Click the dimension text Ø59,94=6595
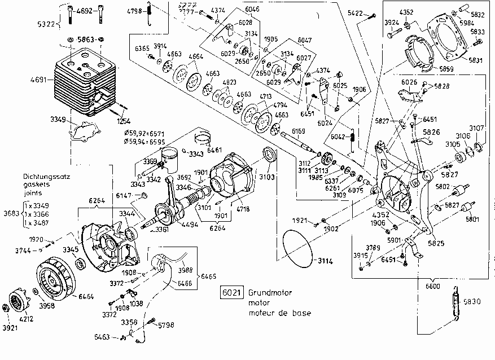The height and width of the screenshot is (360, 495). [x=148, y=143]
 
